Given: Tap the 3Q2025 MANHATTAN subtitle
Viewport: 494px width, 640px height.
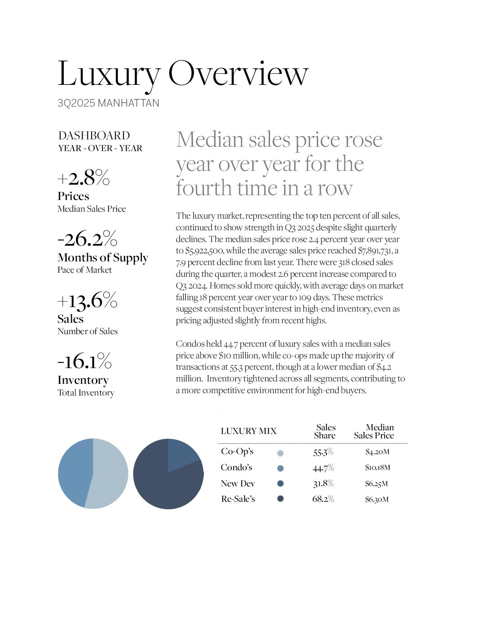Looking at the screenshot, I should pos(108,103).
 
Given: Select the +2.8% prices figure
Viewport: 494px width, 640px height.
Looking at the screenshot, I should pos(84,177).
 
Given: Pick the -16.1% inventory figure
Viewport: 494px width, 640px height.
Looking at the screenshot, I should pos(84,361).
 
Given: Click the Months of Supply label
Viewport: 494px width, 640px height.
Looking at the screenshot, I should pos(103,257).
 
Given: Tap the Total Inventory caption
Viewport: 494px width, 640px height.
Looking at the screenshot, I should pos(86,393).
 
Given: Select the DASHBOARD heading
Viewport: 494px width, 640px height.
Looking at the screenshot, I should pos(94,135).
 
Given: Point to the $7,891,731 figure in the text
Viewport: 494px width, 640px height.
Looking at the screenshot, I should pos(375,251).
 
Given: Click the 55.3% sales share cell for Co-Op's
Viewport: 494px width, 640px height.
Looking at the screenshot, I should pos(323,452).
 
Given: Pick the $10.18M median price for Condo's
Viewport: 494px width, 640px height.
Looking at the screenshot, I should pos(377,467).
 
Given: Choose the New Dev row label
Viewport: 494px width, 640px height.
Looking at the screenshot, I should pos(238,484).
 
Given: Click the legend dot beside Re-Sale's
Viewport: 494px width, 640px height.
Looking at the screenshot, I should pos(280,499).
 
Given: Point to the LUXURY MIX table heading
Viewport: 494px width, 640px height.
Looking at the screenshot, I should pos(249,431).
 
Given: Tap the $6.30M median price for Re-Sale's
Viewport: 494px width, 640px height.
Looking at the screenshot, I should pos(377,499).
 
